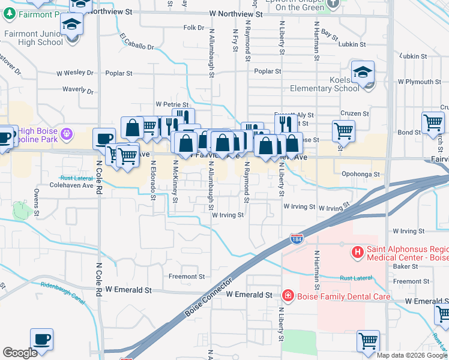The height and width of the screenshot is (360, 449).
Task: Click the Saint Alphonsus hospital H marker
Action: tap(358, 252)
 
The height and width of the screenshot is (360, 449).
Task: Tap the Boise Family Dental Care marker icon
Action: tap(288, 296)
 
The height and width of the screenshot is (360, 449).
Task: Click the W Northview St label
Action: tap(237, 13)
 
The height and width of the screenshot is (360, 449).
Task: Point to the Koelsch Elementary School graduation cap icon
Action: tap(363, 73)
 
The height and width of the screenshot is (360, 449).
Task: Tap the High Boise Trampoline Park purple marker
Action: tap(67, 132)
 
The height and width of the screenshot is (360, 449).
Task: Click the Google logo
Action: tap(20, 353)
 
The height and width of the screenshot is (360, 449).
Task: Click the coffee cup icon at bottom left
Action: tap(42, 340)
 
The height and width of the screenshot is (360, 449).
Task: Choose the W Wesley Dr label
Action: tap(75, 73)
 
